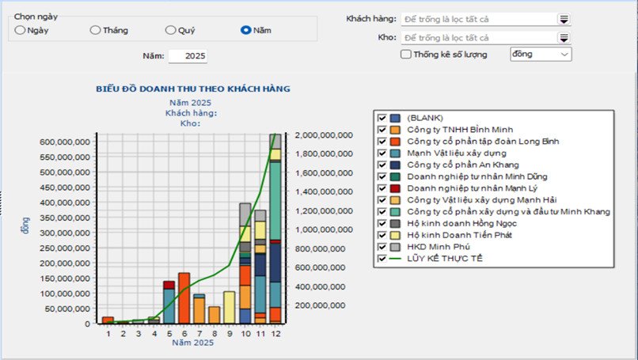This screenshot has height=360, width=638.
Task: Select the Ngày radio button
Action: tap(20, 30)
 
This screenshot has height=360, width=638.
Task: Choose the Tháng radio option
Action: tap(95, 30)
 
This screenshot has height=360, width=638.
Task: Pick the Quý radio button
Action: tap(170, 30)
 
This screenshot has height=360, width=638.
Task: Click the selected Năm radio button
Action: tap(245, 30)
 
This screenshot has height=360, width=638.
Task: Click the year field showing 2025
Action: tap(188, 56)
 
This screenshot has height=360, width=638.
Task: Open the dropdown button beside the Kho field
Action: tap(564, 37)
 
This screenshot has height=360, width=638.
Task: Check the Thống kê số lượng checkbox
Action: tap(406, 55)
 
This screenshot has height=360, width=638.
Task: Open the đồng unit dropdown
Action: tap(541, 55)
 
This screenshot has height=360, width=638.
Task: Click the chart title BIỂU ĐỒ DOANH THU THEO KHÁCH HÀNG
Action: tap(192, 89)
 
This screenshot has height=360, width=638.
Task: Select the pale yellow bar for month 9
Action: tap(230, 306)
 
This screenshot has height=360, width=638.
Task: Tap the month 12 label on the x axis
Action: tap(275, 333)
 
